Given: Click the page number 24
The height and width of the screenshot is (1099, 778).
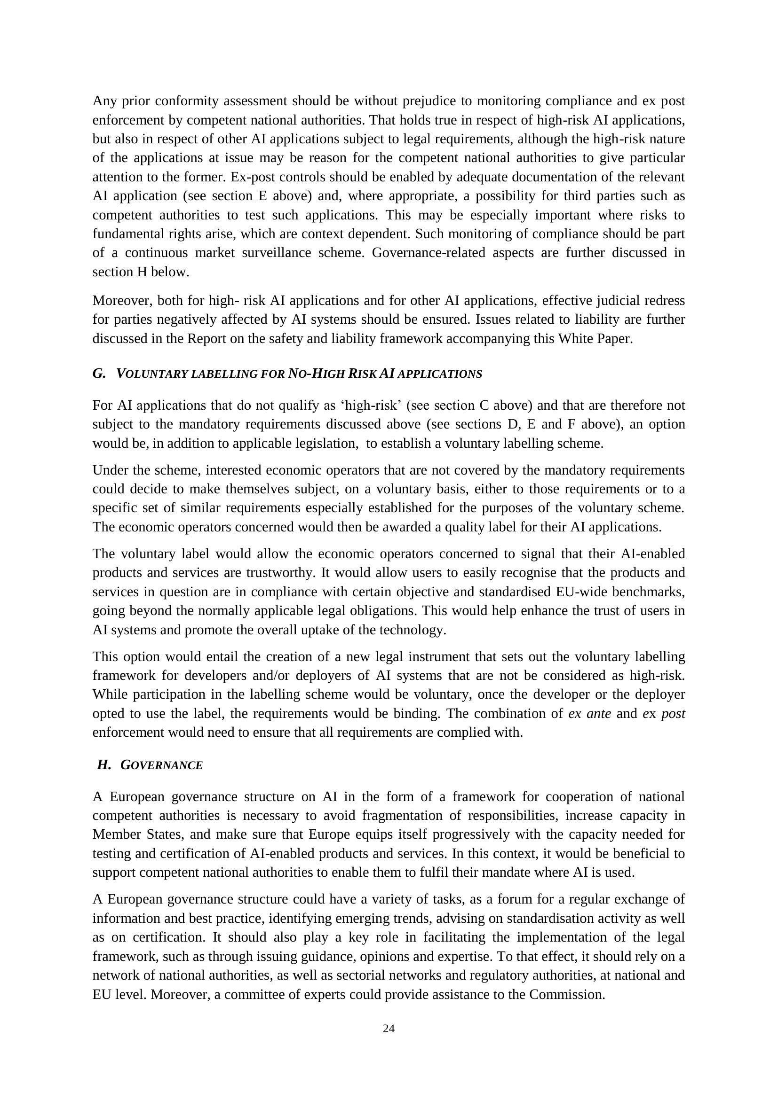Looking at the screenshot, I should point(389,1029).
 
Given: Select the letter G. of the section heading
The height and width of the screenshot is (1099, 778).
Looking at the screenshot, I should point(99,374).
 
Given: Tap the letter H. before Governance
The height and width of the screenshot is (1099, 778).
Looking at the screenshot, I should point(103,765).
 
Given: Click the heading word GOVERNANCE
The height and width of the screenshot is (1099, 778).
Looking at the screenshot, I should point(161,765).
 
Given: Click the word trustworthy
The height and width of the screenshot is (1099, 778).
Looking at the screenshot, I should point(280,573).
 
